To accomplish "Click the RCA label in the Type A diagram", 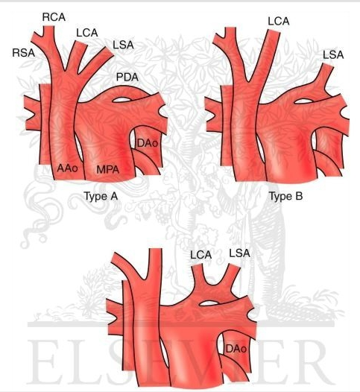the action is pyautogui.click(x=54, y=17).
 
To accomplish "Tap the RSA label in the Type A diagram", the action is pyautogui.click(x=24, y=53).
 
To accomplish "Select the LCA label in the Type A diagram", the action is pyautogui.click(x=86, y=33).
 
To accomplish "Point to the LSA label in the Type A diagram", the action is pyautogui.click(x=123, y=45).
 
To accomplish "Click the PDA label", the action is pyautogui.click(x=127, y=77).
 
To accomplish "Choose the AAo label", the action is pyautogui.click(x=67, y=168).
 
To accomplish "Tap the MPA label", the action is pyautogui.click(x=108, y=170).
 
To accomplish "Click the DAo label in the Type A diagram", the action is pyautogui.click(x=148, y=144).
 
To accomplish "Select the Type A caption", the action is pyautogui.click(x=101, y=197).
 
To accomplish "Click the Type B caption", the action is pyautogui.click(x=286, y=197).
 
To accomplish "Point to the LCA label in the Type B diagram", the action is pyautogui.click(x=279, y=22).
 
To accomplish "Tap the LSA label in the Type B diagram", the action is pyautogui.click(x=333, y=54).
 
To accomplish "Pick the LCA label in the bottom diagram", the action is pyautogui.click(x=200, y=255).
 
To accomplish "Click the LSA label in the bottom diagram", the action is pyautogui.click(x=239, y=253).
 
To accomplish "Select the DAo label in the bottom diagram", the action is pyautogui.click(x=236, y=349).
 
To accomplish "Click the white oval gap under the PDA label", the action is pyautogui.click(x=122, y=100).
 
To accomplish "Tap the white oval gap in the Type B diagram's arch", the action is pyautogui.click(x=303, y=101).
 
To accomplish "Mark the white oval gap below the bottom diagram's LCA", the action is pyautogui.click(x=209, y=303).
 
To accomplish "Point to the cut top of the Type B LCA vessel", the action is pyautogui.click(x=274, y=31).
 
